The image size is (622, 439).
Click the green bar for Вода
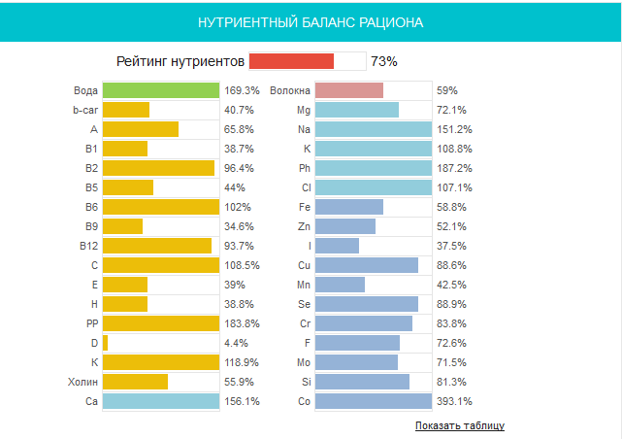pyautogui.click(x=160, y=90)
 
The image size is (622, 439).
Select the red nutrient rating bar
pyautogui.click(x=291, y=61)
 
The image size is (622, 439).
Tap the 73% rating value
pyautogui.click(x=384, y=61)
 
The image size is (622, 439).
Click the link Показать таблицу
pyautogui.click(x=459, y=425)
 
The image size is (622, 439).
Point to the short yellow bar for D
pyautogui.click(x=105, y=343)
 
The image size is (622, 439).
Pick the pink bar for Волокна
pyautogui.click(x=348, y=90)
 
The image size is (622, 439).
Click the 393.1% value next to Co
pyautogui.click(x=454, y=401)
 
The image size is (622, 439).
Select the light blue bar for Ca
pyautogui.click(x=160, y=401)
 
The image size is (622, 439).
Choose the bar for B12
pyautogui.click(x=156, y=246)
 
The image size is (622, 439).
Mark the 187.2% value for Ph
pyautogui.click(x=454, y=168)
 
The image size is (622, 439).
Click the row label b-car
pyautogui.click(x=85, y=110)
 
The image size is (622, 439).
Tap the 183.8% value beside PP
pyautogui.click(x=242, y=323)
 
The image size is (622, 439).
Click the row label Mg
pyautogui.click(x=304, y=110)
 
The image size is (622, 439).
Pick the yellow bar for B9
pyautogui.click(x=122, y=226)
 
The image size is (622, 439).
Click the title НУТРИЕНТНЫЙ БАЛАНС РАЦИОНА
pyautogui.click(x=311, y=20)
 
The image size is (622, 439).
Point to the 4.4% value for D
pyautogui.click(x=237, y=343)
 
